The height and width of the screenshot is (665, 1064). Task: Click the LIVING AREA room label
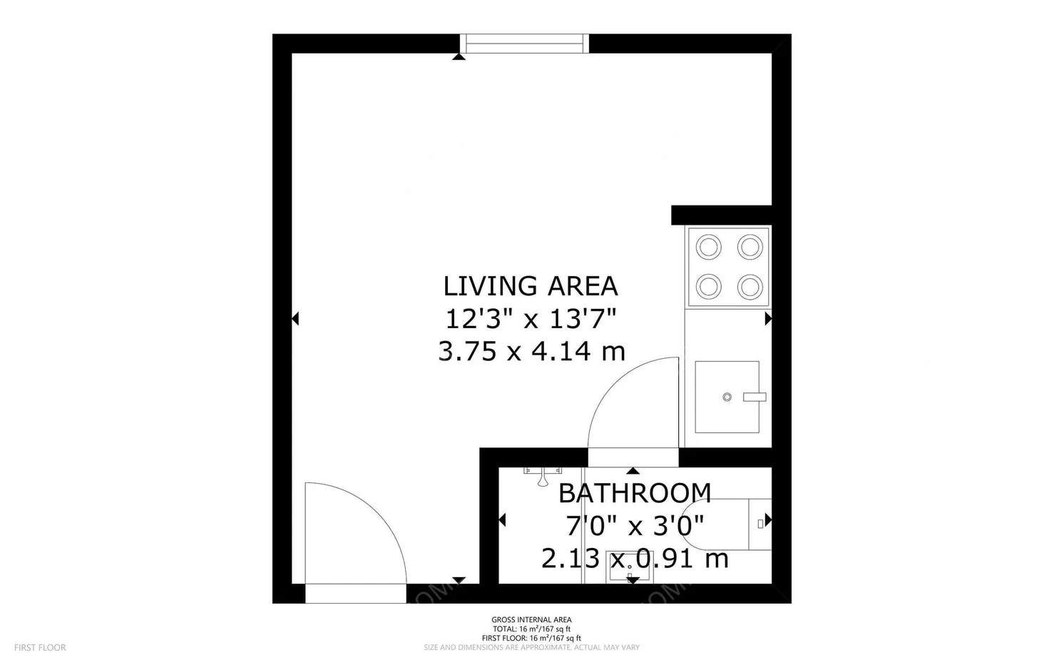tap(530, 286)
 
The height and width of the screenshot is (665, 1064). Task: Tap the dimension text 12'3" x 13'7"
tap(530, 318)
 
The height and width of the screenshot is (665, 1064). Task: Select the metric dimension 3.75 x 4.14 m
tap(531, 351)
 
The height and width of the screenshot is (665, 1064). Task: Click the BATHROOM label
tap(634, 493)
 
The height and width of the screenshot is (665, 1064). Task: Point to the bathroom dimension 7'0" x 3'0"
tap(634, 526)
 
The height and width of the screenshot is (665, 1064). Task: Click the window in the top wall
tap(525, 44)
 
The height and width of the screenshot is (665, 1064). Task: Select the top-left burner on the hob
tap(709, 248)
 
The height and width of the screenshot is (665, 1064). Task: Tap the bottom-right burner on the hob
tap(750, 288)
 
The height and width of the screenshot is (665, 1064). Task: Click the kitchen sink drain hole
tap(727, 397)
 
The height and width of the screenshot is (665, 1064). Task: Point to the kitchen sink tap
tap(754, 397)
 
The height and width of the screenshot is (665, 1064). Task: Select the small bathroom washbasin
tap(628, 567)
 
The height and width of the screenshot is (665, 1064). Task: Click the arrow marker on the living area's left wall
tap(295, 319)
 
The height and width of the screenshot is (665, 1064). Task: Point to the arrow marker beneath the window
tap(459, 56)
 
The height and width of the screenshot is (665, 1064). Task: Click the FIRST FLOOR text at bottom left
tap(40, 648)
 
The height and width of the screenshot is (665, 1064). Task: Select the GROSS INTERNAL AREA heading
tap(531, 619)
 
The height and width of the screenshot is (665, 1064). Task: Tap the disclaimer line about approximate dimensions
tap(531, 648)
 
